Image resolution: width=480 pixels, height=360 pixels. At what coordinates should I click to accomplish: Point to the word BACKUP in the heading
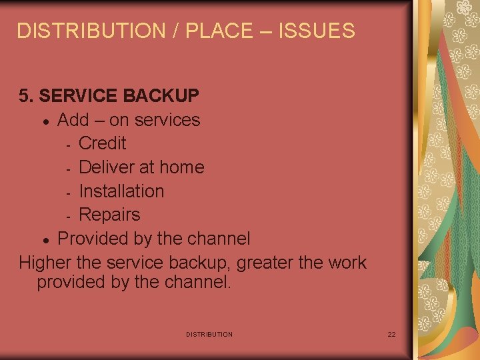pos(161,96)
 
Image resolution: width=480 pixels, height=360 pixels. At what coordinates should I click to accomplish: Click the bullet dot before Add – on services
pos(44,121)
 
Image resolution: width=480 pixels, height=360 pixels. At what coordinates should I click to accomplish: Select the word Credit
pos(102,143)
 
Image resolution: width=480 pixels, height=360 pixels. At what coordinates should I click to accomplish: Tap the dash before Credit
pos(69,145)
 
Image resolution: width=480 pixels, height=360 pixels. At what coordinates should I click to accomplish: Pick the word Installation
pos(121,191)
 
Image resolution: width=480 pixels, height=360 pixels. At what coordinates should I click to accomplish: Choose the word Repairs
pos(109,215)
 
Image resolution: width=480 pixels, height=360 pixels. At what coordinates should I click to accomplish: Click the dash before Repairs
pos(69,217)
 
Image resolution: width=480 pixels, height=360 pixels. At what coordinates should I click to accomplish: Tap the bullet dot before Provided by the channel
pos(44,240)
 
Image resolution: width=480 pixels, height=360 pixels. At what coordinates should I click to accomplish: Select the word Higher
pos(45,263)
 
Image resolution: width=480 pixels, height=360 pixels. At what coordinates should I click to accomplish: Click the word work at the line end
pos(347,263)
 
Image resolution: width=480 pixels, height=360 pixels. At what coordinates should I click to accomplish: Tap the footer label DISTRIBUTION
pos(209,334)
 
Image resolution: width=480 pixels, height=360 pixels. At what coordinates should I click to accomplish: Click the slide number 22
pos(391,334)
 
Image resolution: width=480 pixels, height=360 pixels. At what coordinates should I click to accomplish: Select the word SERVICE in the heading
pos(77,96)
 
